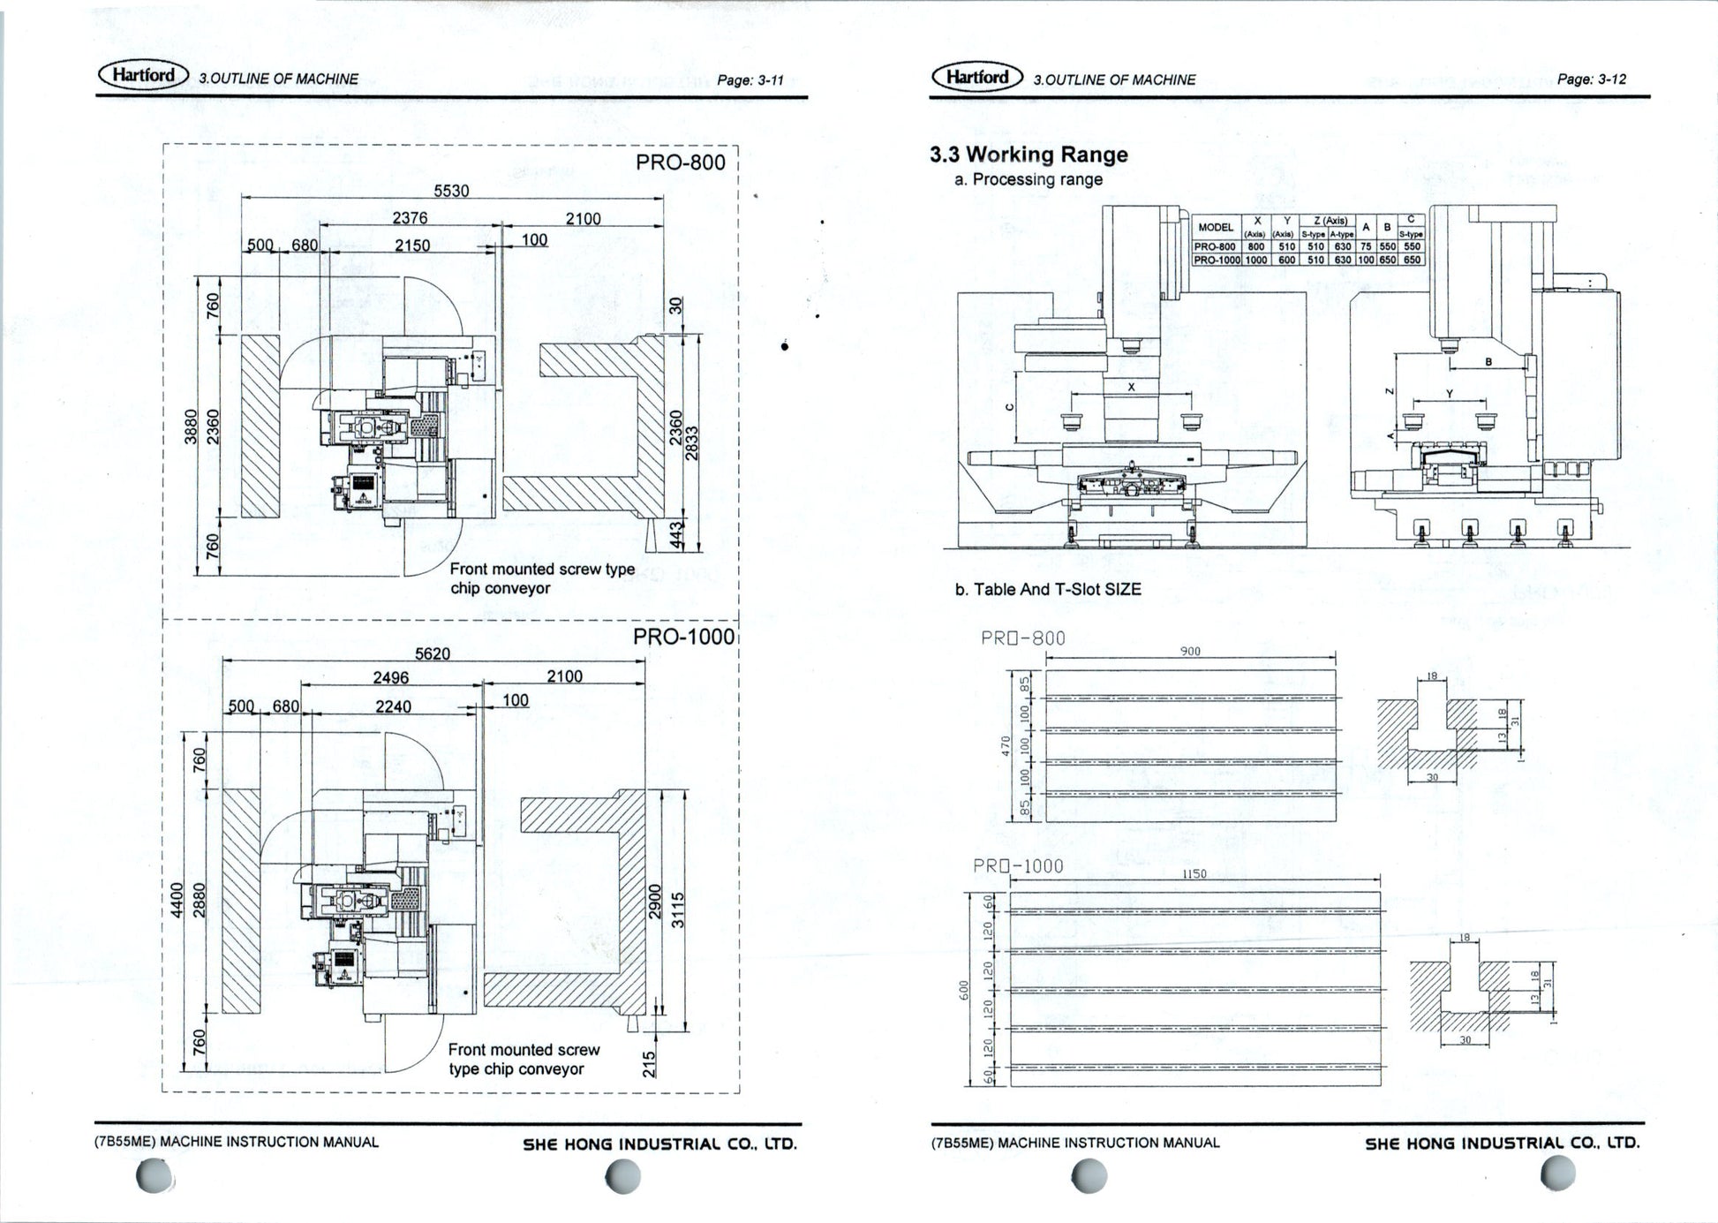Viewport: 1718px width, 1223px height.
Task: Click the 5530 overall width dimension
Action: [451, 191]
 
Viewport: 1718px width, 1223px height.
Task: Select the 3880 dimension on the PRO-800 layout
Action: [190, 427]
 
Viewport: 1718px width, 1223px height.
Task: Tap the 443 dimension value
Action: [677, 535]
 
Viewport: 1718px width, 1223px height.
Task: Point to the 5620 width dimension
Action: [433, 653]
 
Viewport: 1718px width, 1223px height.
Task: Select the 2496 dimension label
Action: [391, 677]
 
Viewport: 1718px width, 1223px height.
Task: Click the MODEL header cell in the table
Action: [1216, 227]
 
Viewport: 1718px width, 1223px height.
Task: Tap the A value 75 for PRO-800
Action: [1366, 247]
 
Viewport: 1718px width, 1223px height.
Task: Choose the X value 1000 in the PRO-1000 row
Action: [1255, 260]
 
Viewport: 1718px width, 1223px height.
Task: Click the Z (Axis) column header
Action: [1330, 221]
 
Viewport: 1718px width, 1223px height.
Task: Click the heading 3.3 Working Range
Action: [1029, 155]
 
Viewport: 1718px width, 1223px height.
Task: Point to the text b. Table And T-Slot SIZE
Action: [1048, 589]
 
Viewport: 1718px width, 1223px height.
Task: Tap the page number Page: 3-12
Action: [1592, 79]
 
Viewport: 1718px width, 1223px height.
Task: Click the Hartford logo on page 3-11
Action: [143, 75]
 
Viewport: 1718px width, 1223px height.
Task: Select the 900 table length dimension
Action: [1190, 652]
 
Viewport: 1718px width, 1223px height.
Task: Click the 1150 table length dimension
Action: [1194, 874]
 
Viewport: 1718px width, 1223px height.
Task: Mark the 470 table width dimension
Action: [1005, 745]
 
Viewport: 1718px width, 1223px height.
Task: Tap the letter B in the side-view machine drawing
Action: [1488, 362]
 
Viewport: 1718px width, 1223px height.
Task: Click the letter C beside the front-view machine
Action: [1010, 406]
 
